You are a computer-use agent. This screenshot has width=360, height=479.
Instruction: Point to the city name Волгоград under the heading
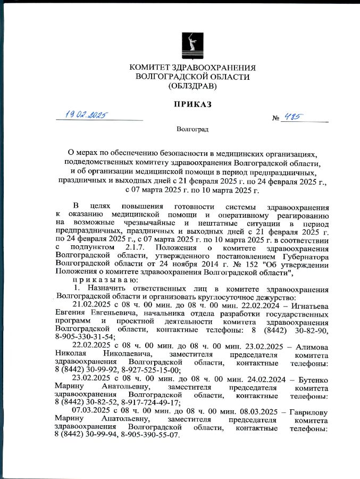tap(192, 129)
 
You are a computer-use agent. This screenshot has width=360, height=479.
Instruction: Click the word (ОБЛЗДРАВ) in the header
tap(192, 86)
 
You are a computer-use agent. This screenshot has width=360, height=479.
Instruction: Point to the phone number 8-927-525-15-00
tap(149, 371)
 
